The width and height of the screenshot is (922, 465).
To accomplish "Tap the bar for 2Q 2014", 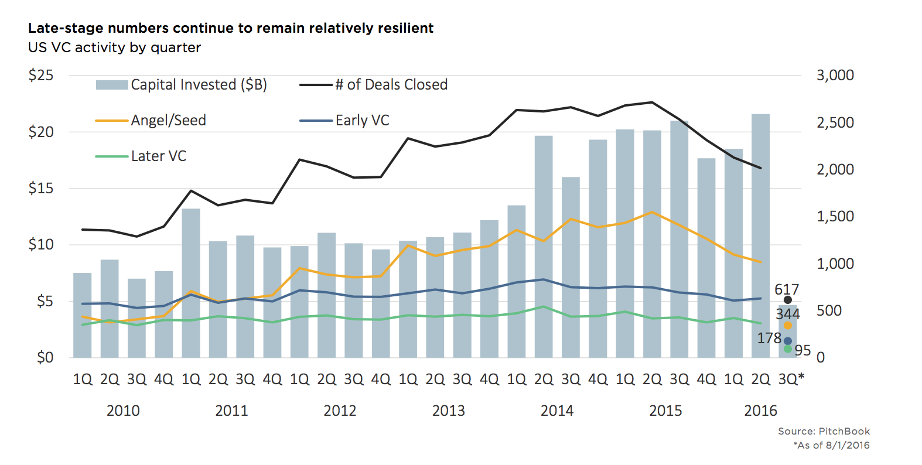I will [544, 247].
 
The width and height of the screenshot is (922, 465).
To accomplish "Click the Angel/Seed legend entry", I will [168, 121].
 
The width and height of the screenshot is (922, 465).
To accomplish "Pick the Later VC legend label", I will [158, 156].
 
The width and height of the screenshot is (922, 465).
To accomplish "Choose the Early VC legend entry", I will [362, 121].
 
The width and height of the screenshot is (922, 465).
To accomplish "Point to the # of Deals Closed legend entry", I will [391, 85].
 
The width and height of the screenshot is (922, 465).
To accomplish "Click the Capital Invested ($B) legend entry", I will [199, 85].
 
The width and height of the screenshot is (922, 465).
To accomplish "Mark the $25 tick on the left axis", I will [41, 76].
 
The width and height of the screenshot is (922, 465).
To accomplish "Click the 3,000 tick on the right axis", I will [835, 76].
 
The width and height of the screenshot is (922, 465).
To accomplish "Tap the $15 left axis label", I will [41, 189].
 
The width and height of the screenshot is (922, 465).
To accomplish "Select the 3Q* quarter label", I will [791, 379].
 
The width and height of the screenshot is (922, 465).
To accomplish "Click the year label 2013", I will [448, 411].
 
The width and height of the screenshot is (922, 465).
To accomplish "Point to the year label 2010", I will [123, 411].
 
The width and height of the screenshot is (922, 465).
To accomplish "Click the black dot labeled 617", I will [788, 300].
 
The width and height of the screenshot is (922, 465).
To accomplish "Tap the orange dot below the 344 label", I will [788, 326].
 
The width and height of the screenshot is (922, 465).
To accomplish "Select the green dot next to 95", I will [788, 349].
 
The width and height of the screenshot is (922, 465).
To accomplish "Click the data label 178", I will [769, 339].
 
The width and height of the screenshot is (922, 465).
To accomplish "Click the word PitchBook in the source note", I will [844, 432].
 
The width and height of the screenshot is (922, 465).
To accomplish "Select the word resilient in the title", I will [405, 28].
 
